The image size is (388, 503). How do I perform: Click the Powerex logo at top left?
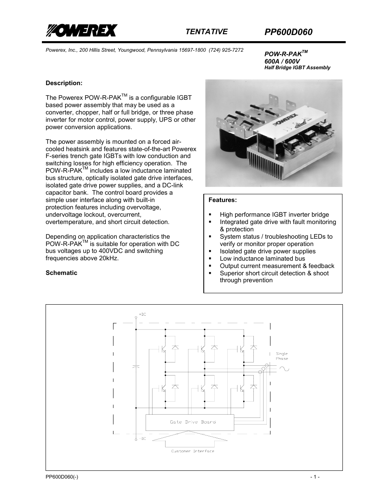[81, 31]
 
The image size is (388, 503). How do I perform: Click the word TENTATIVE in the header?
[206, 32]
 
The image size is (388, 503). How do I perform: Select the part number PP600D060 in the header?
[288, 32]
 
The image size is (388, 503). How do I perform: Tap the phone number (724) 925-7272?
[226, 50]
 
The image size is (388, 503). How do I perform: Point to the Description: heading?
[64, 83]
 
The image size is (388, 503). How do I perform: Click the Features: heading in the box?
[222, 200]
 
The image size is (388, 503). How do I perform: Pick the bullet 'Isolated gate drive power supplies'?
[267, 251]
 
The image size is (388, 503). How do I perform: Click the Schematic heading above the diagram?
[61, 273]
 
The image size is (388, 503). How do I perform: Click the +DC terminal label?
[142, 314]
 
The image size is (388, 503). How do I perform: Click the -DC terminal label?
[142, 439]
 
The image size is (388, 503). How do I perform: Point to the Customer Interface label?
[192, 451]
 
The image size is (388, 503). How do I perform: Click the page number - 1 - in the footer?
[314, 477]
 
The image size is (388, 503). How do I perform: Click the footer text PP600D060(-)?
[62, 477]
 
